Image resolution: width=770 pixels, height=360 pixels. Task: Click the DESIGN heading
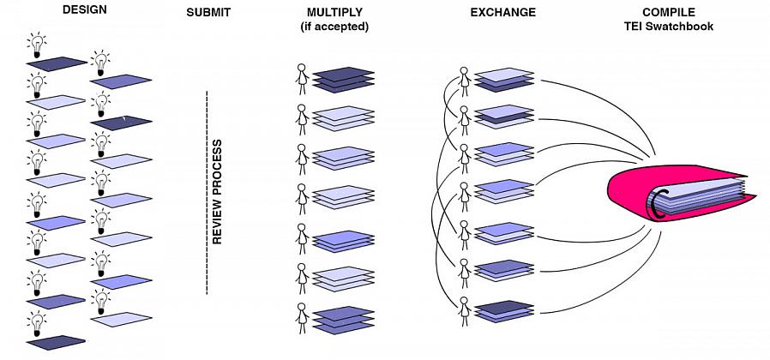point(84,13)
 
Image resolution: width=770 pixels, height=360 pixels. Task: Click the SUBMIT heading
point(208,13)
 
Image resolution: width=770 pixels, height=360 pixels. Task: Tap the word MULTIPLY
point(334,13)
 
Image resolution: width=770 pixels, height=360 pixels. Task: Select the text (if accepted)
point(334,27)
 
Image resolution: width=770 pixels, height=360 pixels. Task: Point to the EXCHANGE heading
point(502,13)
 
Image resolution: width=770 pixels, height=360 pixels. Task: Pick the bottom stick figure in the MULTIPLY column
point(301,316)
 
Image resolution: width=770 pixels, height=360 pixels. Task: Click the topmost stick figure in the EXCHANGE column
point(464,80)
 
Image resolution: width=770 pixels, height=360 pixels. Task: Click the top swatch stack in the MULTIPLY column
point(342,78)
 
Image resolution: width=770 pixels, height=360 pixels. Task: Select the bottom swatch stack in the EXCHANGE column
point(504,311)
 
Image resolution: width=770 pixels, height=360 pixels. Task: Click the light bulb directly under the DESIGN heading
point(37,45)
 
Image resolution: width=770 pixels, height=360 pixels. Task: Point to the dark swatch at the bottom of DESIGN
point(57,342)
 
